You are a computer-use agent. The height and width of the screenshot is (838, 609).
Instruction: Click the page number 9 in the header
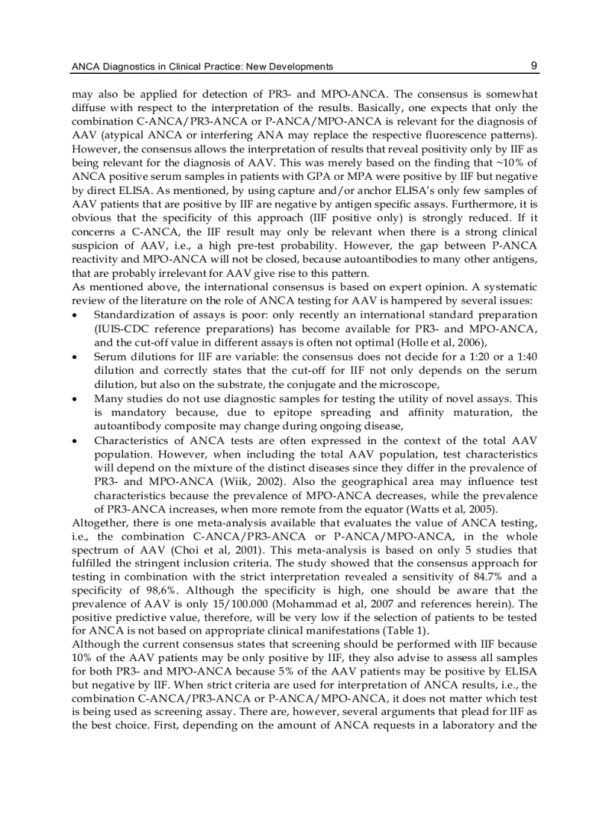point(534,66)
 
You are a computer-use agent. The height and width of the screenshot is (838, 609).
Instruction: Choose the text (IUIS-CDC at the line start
point(119,329)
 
